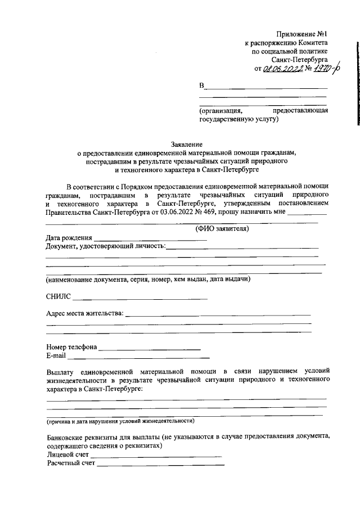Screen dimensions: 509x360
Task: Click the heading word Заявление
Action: click(x=186, y=144)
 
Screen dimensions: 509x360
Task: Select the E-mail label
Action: click(x=56, y=356)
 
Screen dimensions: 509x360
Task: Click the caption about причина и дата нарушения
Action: click(x=120, y=421)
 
